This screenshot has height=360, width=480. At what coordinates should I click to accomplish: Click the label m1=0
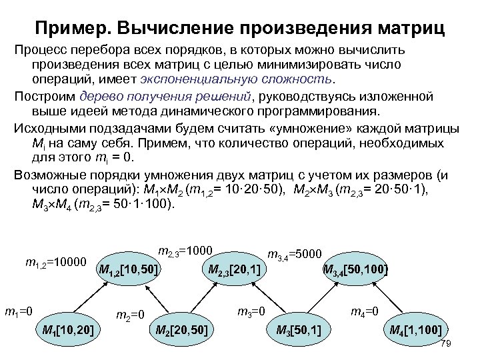pos(20,310)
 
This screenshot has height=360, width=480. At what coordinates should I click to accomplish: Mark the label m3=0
pos(252,310)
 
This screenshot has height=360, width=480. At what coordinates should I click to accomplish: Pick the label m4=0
pos(365,310)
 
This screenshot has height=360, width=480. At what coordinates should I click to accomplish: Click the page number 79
pos(447,343)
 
